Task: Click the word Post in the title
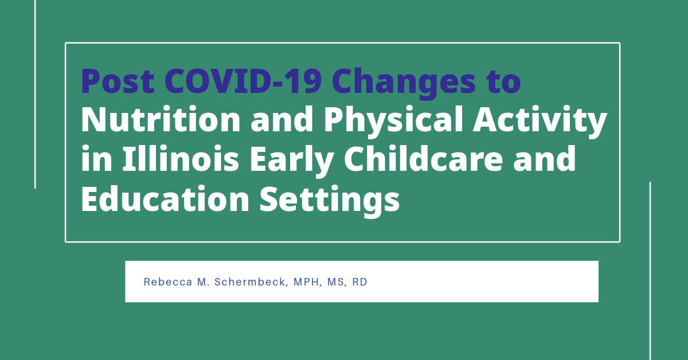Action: pos(118,82)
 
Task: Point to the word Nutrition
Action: pos(159,120)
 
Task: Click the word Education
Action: pos(165,198)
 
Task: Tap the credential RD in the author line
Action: pos(360,282)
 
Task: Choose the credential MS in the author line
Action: pos(337,282)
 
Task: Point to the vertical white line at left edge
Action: pos(35,92)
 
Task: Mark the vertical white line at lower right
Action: pos(650,269)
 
